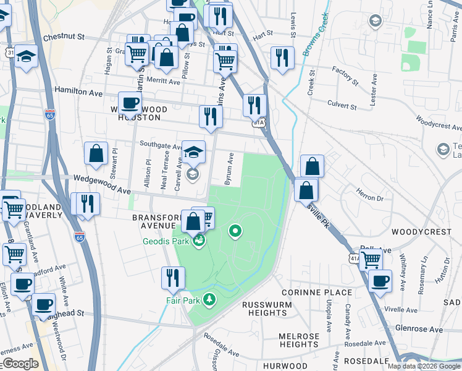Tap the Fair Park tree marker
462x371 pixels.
click(x=211, y=300)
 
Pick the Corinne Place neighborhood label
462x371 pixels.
click(x=316, y=292)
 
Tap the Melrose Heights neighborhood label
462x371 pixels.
click(x=299, y=340)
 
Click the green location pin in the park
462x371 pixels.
click(x=235, y=232)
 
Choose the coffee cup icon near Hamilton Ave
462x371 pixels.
click(x=130, y=103)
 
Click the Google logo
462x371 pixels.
click(x=20, y=364)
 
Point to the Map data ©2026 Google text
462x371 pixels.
click(x=424, y=366)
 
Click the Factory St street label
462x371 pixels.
click(x=345, y=76)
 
